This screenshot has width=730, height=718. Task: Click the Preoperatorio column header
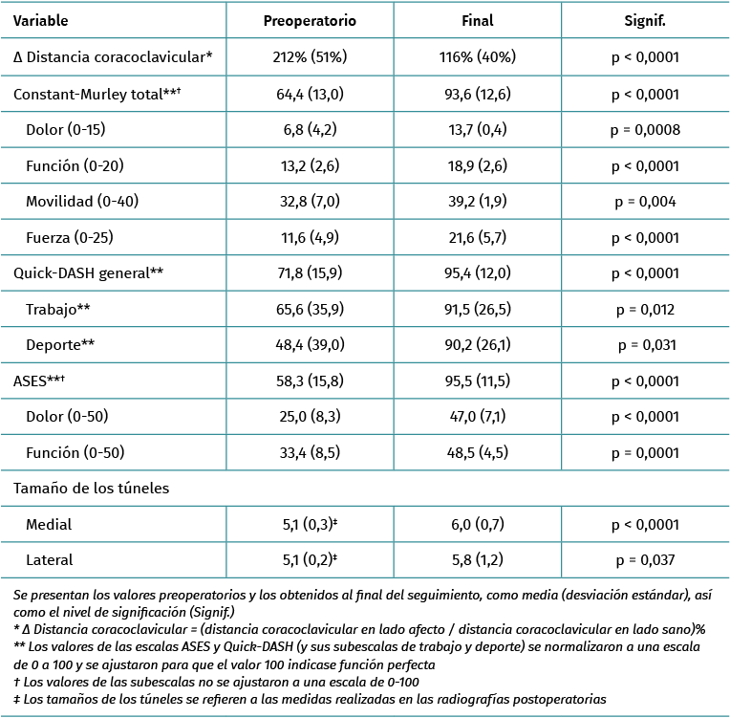(310, 20)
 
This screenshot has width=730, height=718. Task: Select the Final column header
(477, 20)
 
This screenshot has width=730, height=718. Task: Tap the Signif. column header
(644, 20)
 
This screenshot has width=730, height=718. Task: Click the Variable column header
(41, 20)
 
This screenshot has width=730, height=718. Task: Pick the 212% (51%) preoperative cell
(310, 56)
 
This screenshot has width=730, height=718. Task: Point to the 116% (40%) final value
(477, 56)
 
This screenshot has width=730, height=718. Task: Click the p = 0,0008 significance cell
(644, 129)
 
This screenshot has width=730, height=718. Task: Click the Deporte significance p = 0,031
(644, 344)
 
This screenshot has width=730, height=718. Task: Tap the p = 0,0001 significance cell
(644, 452)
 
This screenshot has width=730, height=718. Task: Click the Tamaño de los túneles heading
(92, 489)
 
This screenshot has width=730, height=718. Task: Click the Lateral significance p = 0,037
(644, 560)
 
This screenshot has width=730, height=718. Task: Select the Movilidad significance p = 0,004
(644, 201)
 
